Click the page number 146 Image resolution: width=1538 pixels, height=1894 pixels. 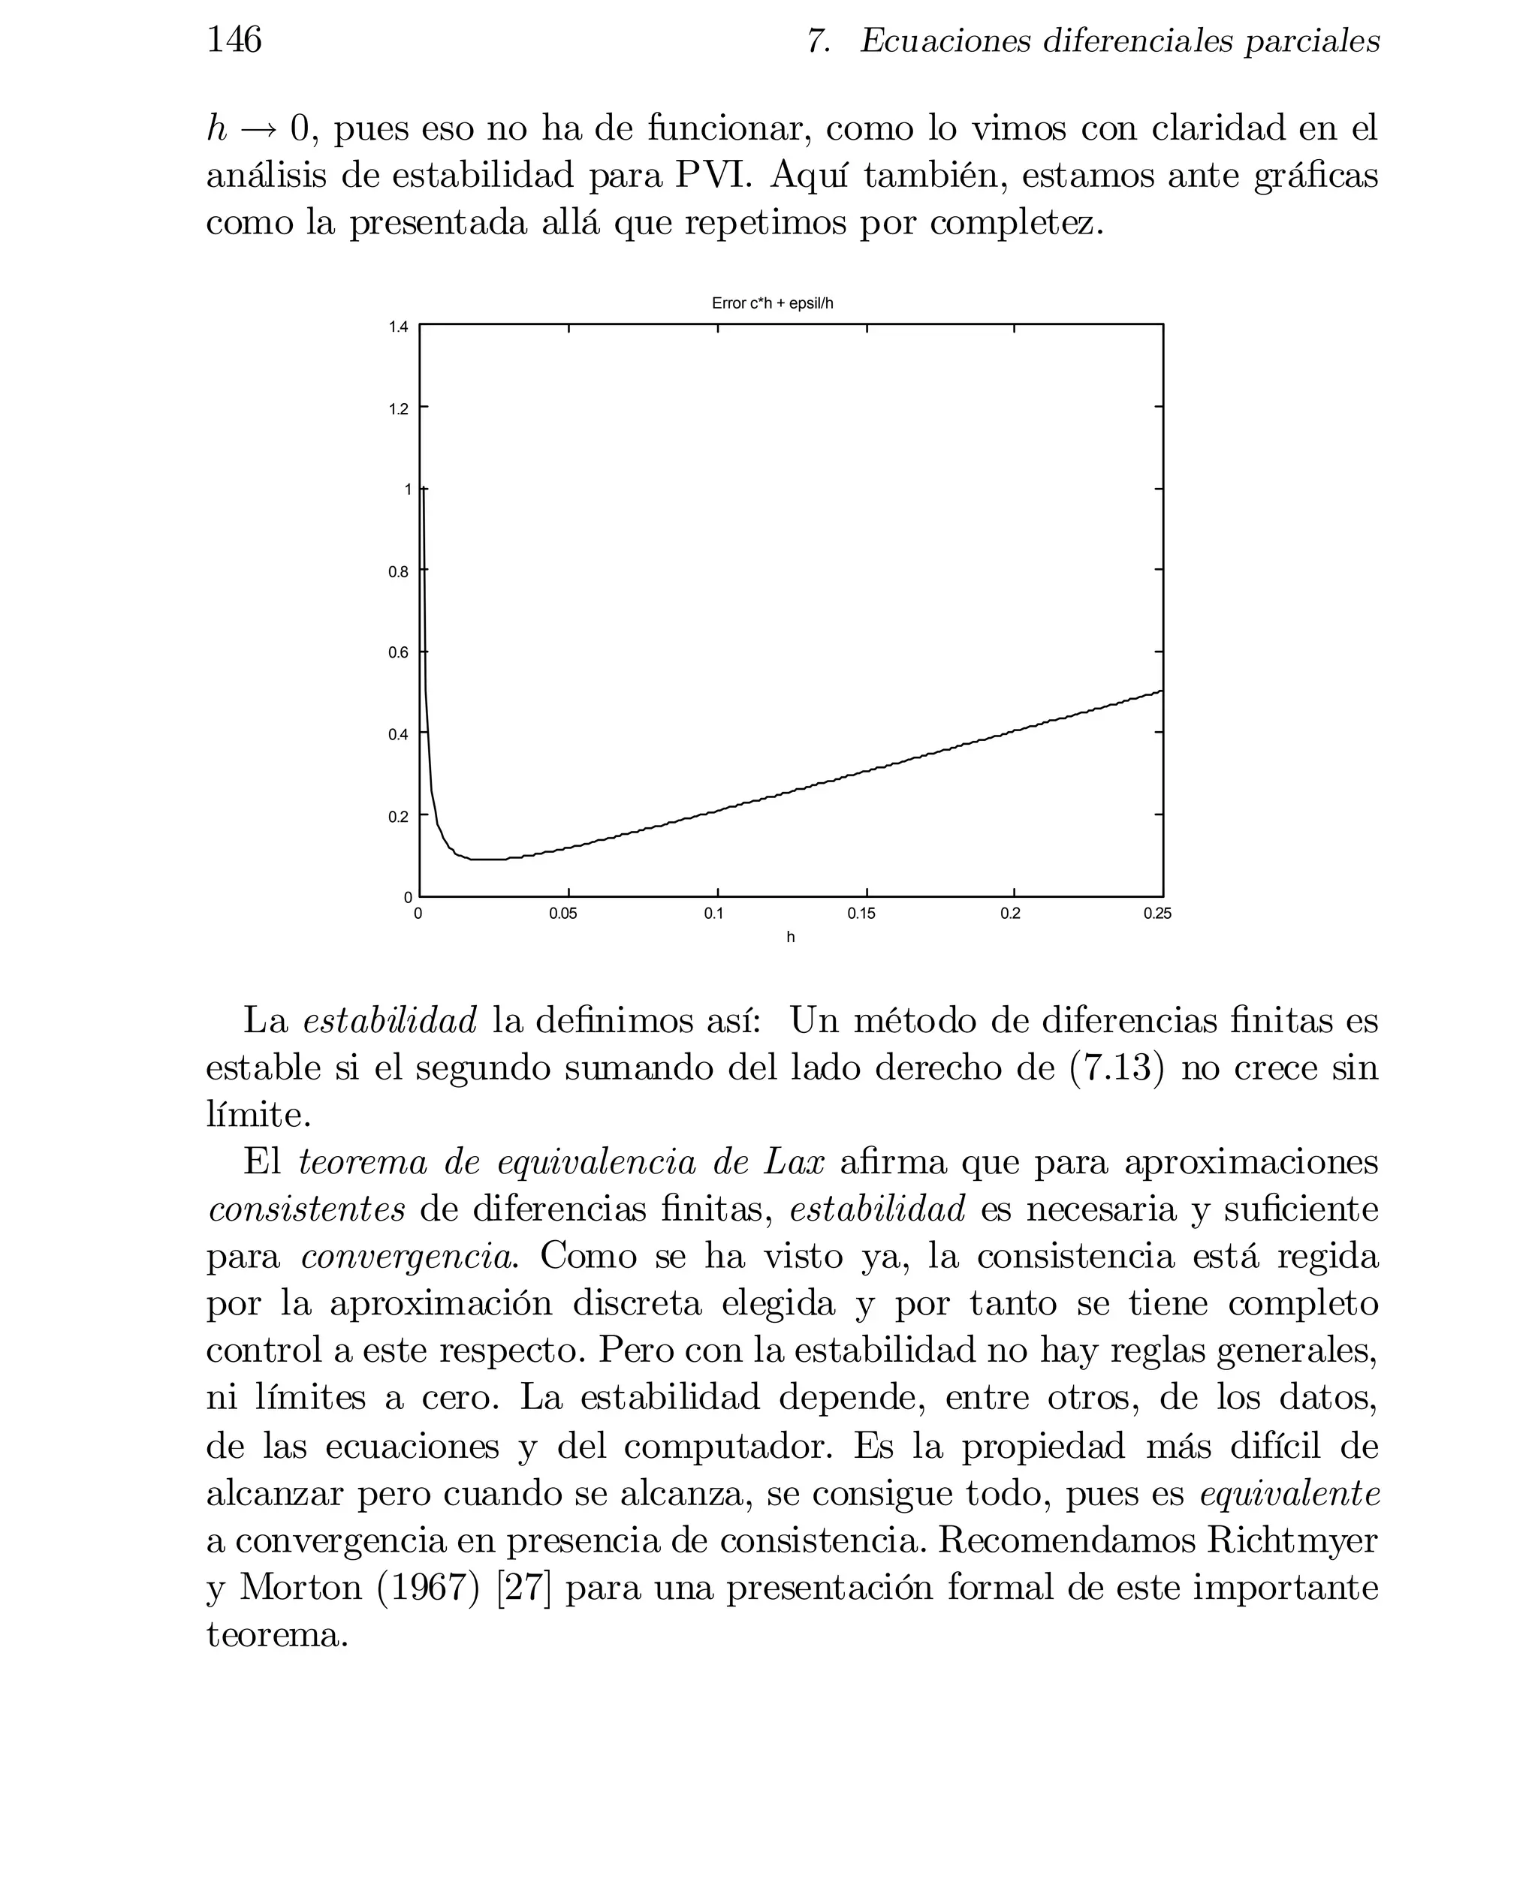pyautogui.click(x=234, y=40)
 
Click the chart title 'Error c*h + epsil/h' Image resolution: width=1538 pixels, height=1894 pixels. pyautogui.click(x=772, y=304)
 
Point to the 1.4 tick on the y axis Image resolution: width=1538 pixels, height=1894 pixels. pyautogui.click(x=399, y=327)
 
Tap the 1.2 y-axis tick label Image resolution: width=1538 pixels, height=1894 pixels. pyautogui.click(x=399, y=409)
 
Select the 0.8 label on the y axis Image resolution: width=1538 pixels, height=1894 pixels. pyautogui.click(x=399, y=572)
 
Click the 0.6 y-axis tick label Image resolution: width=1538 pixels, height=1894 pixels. pyautogui.click(x=399, y=653)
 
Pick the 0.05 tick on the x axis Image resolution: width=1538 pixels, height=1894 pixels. pyautogui.click(x=562, y=914)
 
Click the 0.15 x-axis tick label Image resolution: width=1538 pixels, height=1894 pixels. pyautogui.click(x=861, y=914)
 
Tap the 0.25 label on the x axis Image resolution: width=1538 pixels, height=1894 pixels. pyautogui.click(x=1157, y=914)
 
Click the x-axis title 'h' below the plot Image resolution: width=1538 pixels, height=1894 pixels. pyautogui.click(x=790, y=937)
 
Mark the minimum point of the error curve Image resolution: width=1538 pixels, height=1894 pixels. pyautogui.click(x=487, y=859)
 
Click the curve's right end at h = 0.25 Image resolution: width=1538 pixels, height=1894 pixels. pyautogui.click(x=1162, y=691)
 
